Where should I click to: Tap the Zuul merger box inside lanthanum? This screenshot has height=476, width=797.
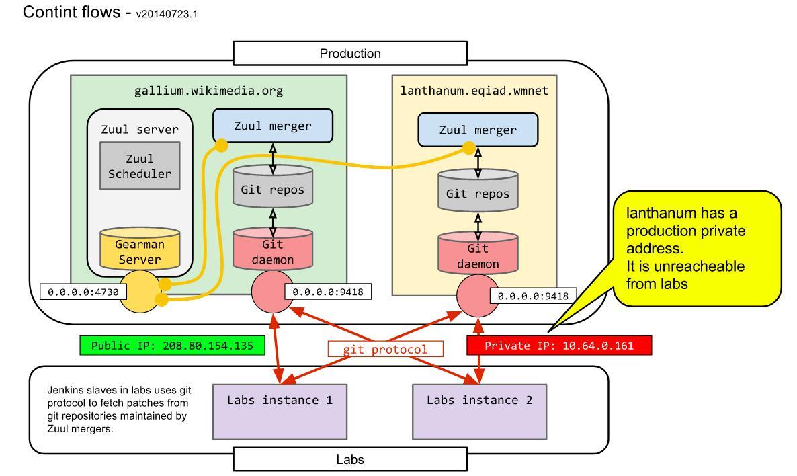click(x=478, y=130)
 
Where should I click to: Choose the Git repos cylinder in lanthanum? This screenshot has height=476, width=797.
click(x=478, y=194)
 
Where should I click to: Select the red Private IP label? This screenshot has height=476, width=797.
click(x=558, y=346)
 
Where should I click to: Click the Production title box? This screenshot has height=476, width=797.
click(x=349, y=53)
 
